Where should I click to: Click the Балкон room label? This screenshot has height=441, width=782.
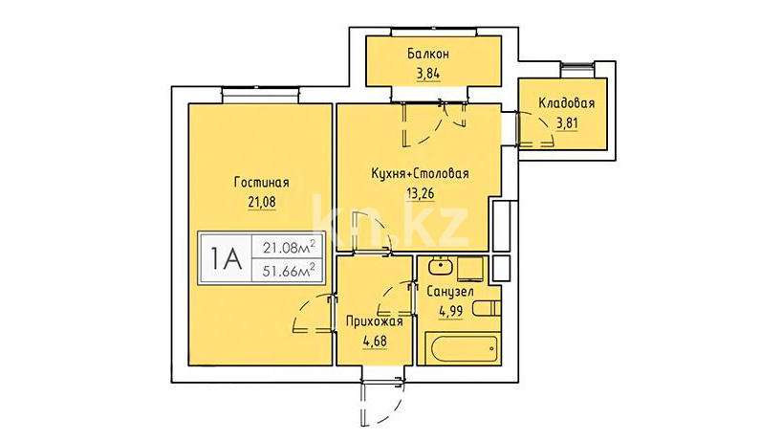[428, 54]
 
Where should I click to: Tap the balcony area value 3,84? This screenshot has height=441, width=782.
[428, 75]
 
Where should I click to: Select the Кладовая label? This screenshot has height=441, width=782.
[567, 103]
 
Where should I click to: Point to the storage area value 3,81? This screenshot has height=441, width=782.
[567, 123]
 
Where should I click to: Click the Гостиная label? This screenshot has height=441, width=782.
[261, 182]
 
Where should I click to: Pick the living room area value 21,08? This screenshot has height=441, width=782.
[262, 203]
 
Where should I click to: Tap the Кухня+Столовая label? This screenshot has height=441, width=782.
[420, 173]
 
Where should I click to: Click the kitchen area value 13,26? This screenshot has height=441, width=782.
[421, 193]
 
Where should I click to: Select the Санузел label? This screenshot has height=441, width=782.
[450, 292]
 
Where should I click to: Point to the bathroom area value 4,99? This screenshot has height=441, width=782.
[450, 312]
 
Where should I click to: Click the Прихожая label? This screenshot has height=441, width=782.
[375, 321]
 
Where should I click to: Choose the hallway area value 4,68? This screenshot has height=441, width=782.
[375, 342]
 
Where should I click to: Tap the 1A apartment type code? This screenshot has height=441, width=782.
[226, 259]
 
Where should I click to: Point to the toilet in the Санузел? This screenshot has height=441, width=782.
[487, 308]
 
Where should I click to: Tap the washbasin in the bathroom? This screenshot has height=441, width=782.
[440, 266]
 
